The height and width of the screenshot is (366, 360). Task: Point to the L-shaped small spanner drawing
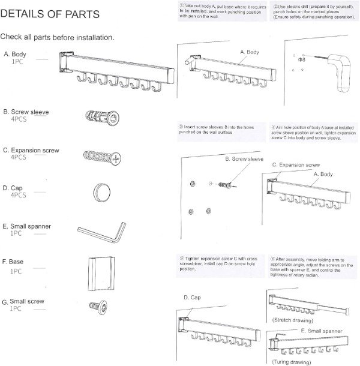click(101, 230)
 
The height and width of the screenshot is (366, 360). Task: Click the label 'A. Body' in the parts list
click(16, 55)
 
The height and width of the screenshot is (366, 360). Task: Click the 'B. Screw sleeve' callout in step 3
click(244, 159)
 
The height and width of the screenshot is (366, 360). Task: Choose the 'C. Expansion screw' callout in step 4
click(296, 164)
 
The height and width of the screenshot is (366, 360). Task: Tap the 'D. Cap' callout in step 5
click(191, 298)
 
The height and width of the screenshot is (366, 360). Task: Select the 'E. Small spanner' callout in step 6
click(322, 331)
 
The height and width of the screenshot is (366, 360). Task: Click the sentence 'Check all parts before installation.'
click(58, 38)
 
